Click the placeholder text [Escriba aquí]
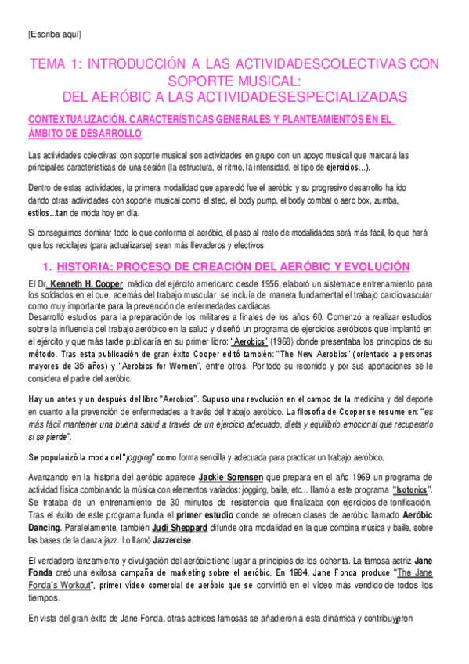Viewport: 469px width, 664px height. click(54, 34)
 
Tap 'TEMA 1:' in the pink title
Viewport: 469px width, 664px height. click(54, 64)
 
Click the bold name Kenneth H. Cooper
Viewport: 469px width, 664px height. click(88, 280)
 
